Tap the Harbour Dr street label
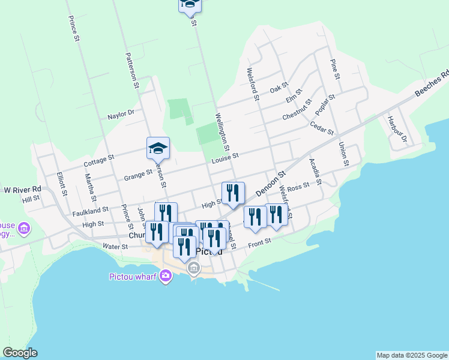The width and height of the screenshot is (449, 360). pyautogui.click(x=397, y=129)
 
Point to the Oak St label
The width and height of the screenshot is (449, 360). pyautogui.click(x=279, y=89)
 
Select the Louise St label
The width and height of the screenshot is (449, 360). pyautogui.click(x=225, y=157)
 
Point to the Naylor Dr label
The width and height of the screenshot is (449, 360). pyautogui.click(x=121, y=114)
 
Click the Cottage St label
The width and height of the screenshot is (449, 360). pyautogui.click(x=98, y=160)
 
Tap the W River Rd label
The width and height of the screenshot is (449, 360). pyautogui.click(x=22, y=190)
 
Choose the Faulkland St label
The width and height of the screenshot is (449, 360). pyautogui.click(x=90, y=211)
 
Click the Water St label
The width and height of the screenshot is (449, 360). pyautogui.click(x=115, y=246)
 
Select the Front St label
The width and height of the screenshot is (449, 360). pyautogui.click(x=260, y=241)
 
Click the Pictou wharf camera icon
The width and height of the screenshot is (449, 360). pyautogui.click(x=165, y=277)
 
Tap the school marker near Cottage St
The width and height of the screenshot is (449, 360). pyautogui.click(x=158, y=148)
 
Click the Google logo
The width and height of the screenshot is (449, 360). pyautogui.click(x=20, y=353)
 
